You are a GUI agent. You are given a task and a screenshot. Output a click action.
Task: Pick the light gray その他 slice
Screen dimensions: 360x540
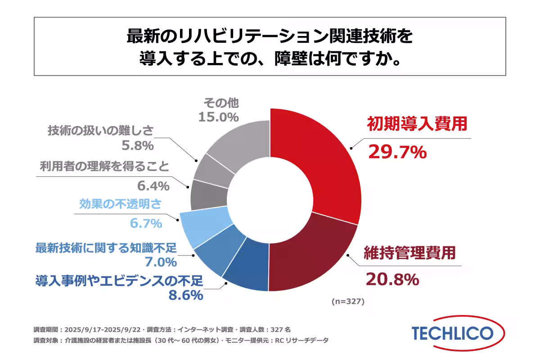[x=238, y=139]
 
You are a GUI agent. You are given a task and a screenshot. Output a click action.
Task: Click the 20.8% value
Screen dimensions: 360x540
[x=392, y=279]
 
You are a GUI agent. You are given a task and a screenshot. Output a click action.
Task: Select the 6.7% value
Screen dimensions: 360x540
[x=146, y=223]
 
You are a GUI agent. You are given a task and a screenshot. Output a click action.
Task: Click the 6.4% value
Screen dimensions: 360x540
[x=153, y=185]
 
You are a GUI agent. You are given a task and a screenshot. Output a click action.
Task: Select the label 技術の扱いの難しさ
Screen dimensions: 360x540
[x=101, y=131]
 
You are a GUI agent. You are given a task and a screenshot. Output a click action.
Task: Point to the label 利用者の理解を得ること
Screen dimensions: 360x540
[x=104, y=167]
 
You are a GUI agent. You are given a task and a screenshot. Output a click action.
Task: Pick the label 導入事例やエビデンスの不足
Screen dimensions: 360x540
[x=119, y=281]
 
